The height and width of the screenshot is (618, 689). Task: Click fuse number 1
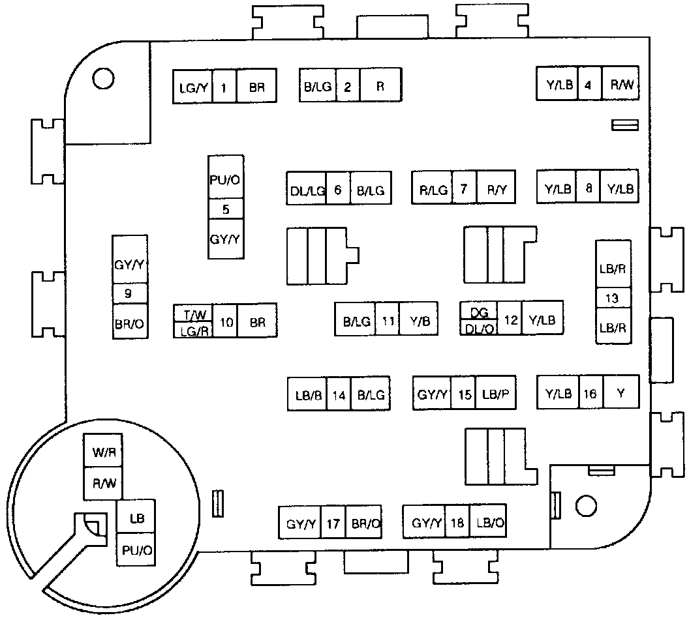224,87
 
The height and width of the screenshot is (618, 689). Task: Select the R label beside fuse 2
380,85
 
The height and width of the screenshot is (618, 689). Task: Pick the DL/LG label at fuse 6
307,190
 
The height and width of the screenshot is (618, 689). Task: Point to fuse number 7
463,189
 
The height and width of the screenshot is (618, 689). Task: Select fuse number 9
129,294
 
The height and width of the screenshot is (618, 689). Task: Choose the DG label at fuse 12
479,312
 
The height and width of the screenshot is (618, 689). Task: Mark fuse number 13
612,298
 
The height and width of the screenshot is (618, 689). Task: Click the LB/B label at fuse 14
307,394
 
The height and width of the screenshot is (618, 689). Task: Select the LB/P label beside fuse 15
495,394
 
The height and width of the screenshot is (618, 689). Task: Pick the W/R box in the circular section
103,451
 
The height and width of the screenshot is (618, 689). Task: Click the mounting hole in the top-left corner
102,78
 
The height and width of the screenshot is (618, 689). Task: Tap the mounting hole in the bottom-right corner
587,505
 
